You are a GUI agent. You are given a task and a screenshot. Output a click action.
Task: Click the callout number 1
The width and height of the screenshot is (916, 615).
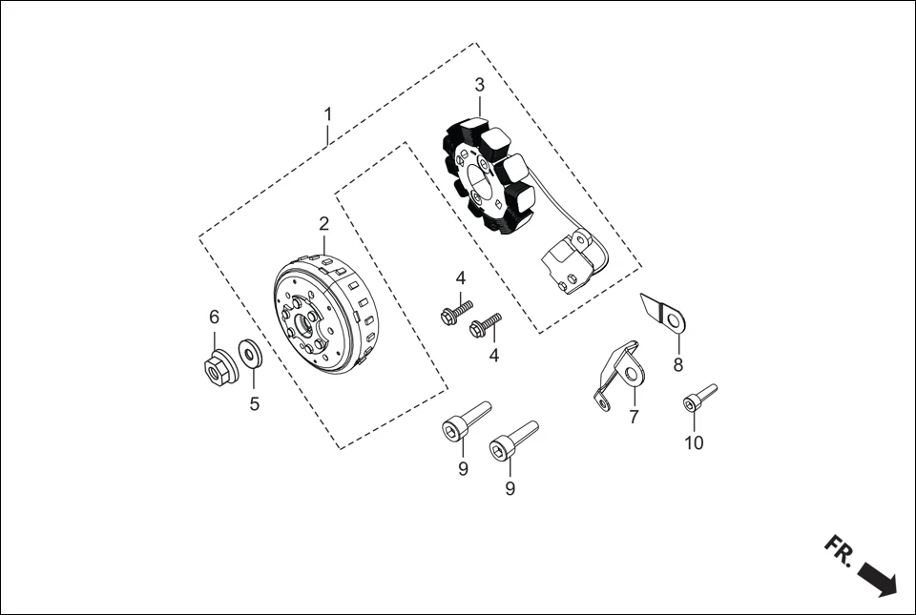pos(327,113)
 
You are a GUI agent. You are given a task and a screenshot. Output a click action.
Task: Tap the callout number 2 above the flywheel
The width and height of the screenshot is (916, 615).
pos(324,224)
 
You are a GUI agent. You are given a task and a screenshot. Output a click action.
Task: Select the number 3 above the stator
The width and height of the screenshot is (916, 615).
pos(479,85)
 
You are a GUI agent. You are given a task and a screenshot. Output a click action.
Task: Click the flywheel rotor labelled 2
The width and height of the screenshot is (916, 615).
pos(324,315)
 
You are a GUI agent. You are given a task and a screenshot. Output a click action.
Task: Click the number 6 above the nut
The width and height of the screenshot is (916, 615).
pos(215,317)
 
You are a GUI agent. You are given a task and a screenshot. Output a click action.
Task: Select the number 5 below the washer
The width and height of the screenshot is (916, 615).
pos(255,404)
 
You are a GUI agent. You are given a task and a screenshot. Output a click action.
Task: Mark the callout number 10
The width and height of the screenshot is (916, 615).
pos(694,443)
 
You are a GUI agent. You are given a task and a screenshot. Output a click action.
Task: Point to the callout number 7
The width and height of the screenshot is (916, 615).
pos(634,418)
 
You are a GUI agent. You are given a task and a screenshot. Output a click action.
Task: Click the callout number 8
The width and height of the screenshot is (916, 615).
pos(678,364)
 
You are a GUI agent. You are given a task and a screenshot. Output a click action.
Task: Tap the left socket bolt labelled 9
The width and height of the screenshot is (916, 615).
pos(464,421)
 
